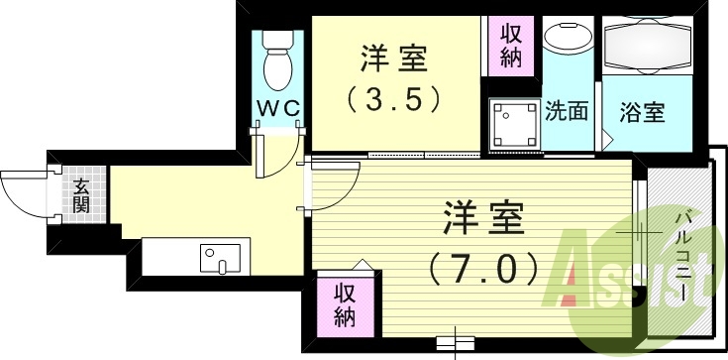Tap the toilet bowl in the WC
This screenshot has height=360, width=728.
coord(277,68)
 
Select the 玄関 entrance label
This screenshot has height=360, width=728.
coord(80,193)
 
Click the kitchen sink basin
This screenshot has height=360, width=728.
coord(219,260)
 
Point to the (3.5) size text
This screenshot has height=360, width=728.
coord(392,99)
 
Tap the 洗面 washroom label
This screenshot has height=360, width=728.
coord(567,110)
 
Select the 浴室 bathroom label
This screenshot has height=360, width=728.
coord(642,111)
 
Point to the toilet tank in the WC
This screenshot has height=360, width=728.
coord(277,43)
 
